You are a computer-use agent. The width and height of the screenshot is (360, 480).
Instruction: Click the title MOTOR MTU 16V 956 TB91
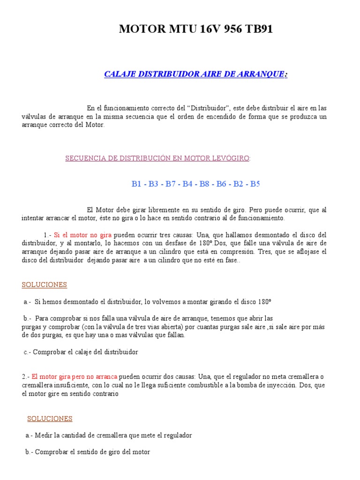195,29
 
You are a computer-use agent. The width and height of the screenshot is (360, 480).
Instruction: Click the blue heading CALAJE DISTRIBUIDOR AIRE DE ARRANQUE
195,74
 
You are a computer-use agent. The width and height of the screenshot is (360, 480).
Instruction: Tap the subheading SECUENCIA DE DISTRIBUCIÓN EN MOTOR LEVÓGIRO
157,158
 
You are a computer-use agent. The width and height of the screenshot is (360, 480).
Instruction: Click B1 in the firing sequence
136,184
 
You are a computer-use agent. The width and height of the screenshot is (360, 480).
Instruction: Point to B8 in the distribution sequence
204,184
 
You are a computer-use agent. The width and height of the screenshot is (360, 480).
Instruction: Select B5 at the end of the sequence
255,184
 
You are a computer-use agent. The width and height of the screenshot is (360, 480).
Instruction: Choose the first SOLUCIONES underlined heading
45,285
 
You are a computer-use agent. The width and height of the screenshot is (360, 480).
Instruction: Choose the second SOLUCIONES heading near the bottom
50,419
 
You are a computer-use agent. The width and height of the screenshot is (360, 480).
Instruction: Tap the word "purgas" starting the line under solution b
31,327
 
